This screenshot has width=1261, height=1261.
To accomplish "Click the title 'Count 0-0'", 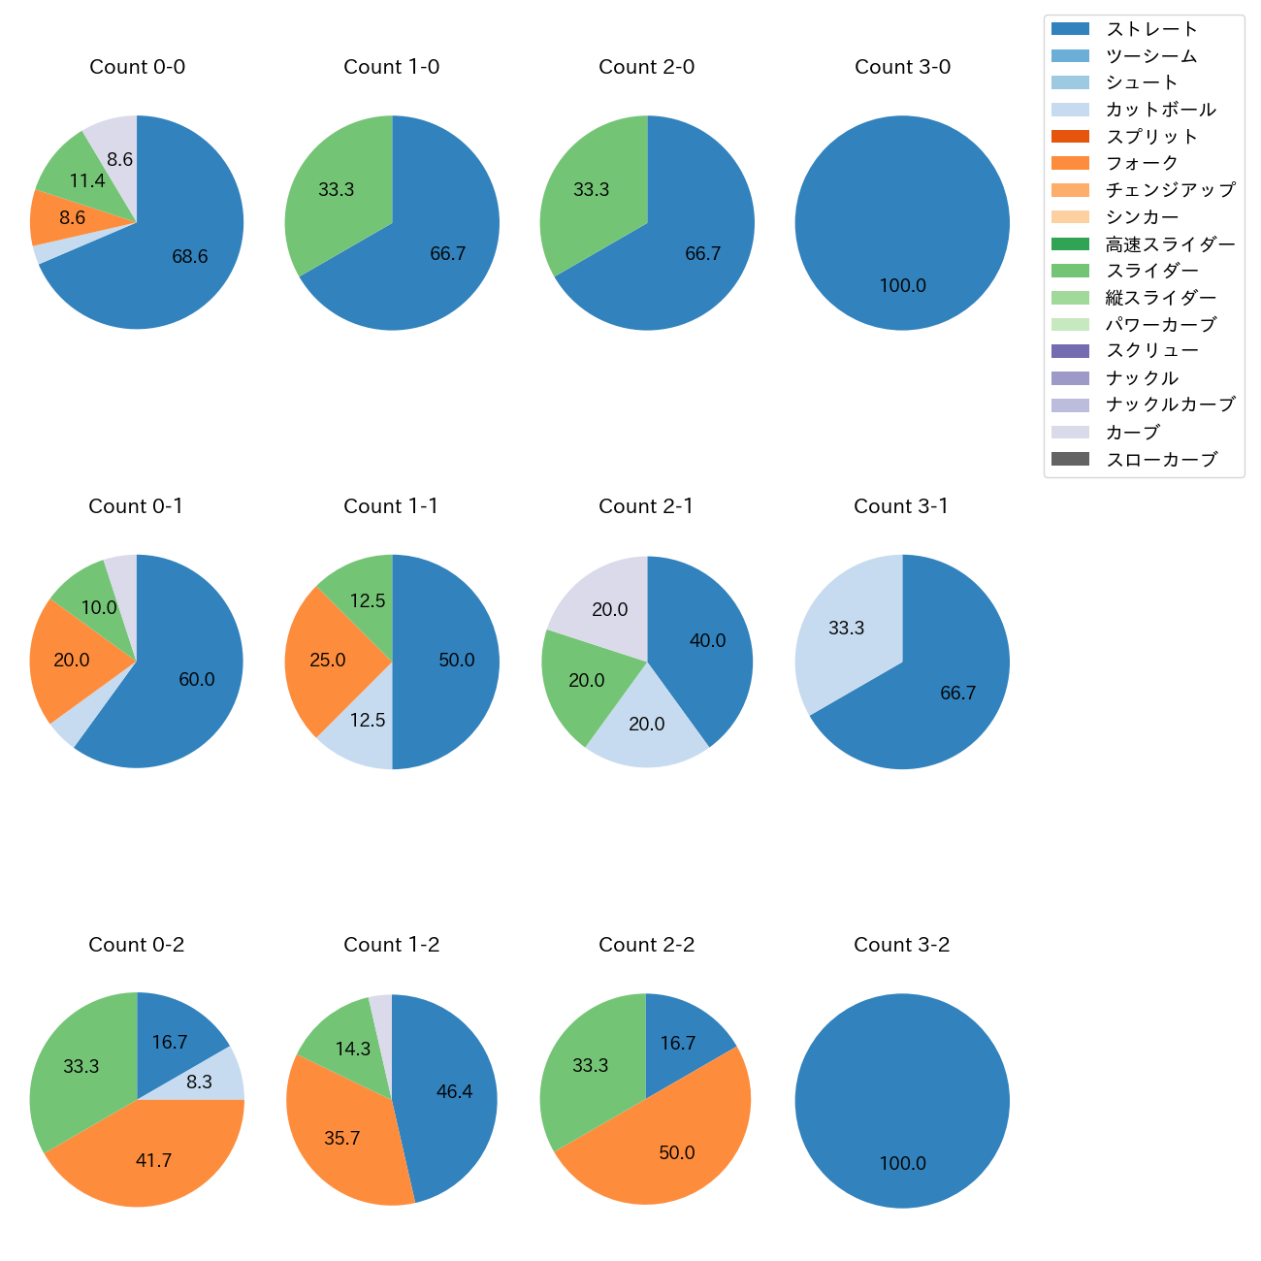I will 137,67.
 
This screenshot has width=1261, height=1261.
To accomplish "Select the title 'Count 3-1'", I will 901,506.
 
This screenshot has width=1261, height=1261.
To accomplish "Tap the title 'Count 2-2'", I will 646,945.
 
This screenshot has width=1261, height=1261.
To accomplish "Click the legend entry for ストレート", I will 1151,29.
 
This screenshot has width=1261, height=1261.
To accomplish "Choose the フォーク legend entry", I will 1142,163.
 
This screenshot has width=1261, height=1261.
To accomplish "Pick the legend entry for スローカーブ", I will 1161,460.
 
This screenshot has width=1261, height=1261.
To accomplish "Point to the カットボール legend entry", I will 1160,110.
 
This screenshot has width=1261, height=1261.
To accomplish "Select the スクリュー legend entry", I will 1151,351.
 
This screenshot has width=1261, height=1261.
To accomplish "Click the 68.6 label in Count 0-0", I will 190,257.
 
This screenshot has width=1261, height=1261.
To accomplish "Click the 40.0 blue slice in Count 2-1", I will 707,641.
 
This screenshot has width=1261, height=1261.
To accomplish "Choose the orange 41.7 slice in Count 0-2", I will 153,1161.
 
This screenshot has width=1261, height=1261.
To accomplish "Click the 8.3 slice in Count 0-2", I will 200,1082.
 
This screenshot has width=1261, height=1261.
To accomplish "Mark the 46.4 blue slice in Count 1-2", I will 454,1092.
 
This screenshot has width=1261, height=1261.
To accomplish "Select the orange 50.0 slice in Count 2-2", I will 676,1153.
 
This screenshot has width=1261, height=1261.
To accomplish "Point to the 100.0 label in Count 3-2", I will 902,1164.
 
